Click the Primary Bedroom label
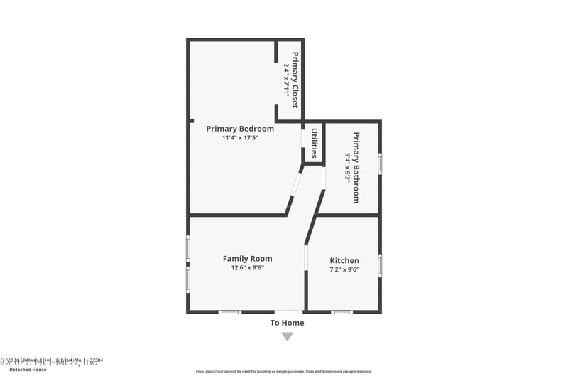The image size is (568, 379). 240,129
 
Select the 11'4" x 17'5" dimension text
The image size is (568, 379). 240,138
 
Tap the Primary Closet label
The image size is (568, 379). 295,80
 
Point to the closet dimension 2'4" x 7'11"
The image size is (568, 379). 286,80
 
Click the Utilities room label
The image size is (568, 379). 313,143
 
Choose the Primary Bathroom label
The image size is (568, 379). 356,168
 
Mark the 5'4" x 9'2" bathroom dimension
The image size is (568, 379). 348,168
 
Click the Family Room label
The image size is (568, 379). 247,259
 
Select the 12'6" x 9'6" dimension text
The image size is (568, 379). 247,268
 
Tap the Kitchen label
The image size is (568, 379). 344,261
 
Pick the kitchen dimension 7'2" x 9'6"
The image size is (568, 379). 344,269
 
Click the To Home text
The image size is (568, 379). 287,323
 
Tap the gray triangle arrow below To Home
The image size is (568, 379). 287,336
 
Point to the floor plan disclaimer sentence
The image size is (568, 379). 284,371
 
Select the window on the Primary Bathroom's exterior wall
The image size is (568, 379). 380,164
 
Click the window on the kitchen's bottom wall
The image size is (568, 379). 342,311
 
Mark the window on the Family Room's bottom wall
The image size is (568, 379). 229,311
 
